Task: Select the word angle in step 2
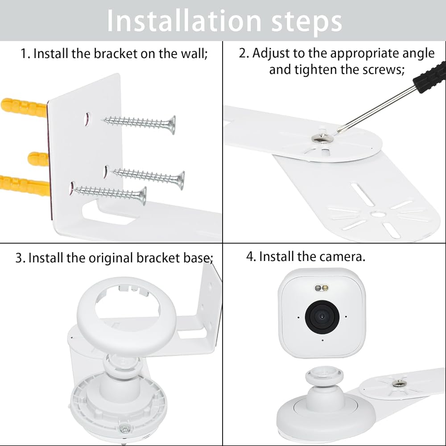418,54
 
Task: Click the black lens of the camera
322,317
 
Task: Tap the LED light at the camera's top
322,289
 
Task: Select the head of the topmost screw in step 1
171,125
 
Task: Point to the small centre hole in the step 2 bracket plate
378,214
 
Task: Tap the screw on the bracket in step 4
398,383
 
